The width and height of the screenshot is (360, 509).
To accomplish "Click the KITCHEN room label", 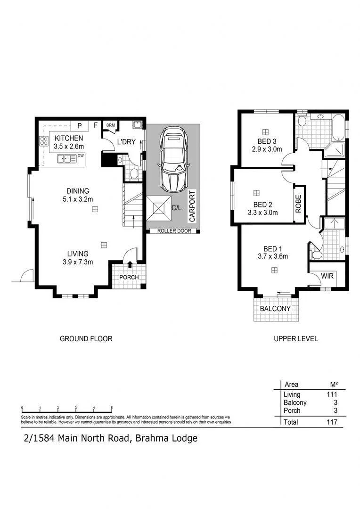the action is [x=68, y=138].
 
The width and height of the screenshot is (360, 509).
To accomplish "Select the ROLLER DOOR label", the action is [x=174, y=231].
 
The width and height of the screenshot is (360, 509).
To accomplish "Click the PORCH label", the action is [x=129, y=277].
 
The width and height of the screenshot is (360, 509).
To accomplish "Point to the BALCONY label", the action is [x=275, y=308].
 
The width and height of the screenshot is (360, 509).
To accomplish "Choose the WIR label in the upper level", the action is [x=327, y=276].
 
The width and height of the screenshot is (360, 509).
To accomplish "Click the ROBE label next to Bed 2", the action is [x=298, y=204].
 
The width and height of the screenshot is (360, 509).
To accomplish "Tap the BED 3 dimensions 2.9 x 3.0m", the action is [x=267, y=149].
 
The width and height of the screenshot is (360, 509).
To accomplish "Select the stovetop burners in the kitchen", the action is [x=43, y=141].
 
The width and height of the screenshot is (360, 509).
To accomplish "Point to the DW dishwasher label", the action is [x=81, y=156].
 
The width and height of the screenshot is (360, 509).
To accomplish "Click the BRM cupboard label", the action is [x=111, y=125].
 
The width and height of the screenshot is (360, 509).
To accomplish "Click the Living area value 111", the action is [x=332, y=394].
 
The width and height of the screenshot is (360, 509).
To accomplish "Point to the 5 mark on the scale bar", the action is [x=112, y=408].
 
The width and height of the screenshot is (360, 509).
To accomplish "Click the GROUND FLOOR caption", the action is [x=86, y=338].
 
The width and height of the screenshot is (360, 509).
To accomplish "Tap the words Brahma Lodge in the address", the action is [x=166, y=439].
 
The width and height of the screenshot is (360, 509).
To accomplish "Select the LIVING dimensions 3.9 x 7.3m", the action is [x=78, y=262].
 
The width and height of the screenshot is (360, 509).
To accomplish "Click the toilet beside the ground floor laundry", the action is [x=134, y=175].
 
